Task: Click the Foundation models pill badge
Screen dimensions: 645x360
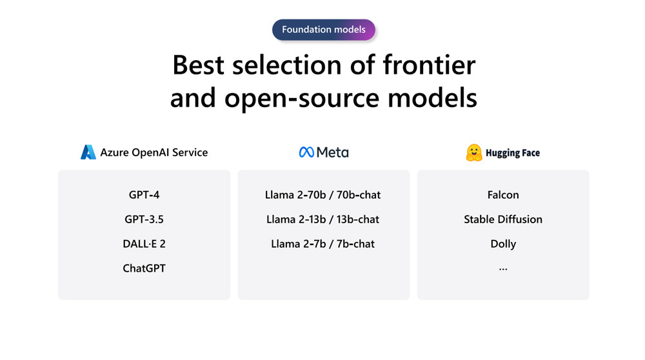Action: coord(324,30)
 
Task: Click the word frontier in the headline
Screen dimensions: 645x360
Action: coord(429,65)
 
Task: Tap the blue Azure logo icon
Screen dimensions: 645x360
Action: coord(88,152)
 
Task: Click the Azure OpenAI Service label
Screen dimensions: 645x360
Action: coord(154,153)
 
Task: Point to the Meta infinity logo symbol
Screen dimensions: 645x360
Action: coord(306,152)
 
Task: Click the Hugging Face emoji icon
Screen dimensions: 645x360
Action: coord(474,153)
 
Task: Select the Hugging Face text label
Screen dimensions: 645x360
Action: coord(513,153)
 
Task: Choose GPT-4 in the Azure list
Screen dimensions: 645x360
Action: coord(144,195)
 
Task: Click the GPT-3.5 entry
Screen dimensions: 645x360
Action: coord(144,219)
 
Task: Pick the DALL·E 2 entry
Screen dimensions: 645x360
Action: coord(144,244)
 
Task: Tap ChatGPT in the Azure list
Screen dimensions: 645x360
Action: coord(144,268)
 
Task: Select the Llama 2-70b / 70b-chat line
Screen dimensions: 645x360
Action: coord(323,195)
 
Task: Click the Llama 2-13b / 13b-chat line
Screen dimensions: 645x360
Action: coord(323,219)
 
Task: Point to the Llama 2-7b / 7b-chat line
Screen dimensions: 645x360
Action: coord(323,244)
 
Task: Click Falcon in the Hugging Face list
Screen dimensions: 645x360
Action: coord(503,195)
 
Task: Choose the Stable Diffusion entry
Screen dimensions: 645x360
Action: coord(503,219)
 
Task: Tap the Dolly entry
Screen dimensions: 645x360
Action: coord(503,244)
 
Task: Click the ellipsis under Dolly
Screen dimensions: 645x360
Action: coord(503,270)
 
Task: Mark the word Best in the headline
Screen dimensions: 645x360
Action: coord(198,65)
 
